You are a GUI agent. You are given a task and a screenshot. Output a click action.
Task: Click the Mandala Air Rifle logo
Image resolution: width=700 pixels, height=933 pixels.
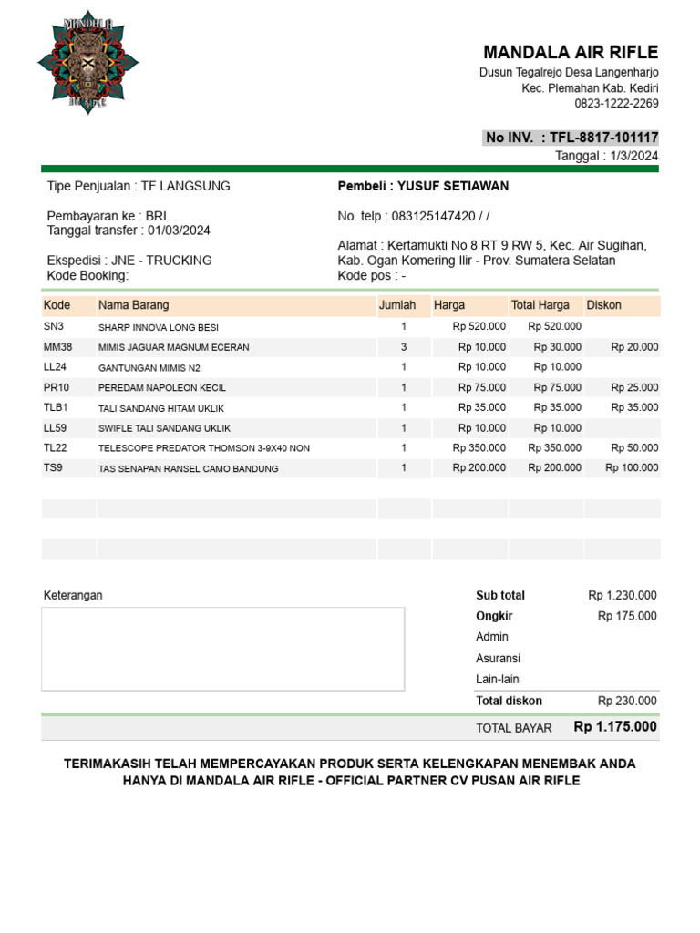coord(87,63)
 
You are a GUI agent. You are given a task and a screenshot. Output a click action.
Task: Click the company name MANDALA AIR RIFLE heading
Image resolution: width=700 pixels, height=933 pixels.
coord(571,52)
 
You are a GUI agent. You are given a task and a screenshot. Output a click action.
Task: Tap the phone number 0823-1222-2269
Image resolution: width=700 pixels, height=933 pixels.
coord(616,103)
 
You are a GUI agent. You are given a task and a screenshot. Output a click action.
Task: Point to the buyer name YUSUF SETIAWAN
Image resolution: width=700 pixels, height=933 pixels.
coord(453,186)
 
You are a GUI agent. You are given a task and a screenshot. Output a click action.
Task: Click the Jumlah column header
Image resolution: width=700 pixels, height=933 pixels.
coord(397,305)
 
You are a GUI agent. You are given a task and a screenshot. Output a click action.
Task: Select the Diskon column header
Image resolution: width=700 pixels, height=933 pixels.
coord(603,305)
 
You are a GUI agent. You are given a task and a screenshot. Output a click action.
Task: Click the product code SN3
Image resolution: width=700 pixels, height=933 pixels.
coord(53,326)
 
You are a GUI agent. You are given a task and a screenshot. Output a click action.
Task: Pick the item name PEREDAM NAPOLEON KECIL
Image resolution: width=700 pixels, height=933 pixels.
coord(162,388)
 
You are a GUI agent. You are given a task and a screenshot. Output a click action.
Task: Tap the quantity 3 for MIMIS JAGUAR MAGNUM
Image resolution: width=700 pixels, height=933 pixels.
coord(404,347)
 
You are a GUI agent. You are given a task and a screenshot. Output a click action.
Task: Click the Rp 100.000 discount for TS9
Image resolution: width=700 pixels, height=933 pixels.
coord(632,468)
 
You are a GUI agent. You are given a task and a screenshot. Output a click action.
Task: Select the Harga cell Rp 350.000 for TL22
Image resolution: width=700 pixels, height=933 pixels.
coord(479,448)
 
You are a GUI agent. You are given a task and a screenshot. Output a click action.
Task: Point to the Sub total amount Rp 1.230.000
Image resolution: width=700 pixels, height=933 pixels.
coord(623,595)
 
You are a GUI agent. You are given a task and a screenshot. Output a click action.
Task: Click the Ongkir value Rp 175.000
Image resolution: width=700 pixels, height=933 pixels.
coord(627,616)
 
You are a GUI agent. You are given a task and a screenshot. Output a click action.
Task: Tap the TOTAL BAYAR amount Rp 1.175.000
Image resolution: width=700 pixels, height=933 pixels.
coord(615,727)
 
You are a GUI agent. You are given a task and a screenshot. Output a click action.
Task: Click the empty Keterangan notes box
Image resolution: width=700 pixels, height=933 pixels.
coord(223,649)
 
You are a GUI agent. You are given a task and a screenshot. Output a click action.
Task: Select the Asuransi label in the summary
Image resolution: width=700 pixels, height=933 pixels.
coord(498,658)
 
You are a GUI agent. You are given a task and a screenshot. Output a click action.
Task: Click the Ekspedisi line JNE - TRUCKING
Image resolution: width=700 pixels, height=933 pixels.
coord(129,260)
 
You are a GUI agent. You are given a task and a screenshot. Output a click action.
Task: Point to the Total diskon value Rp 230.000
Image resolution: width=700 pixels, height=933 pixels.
coord(627,701)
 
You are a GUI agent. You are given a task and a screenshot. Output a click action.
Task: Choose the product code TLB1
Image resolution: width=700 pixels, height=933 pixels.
coord(56,407)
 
